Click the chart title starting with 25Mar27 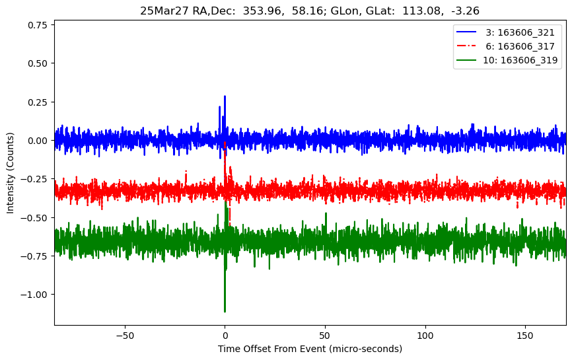coord(310,11)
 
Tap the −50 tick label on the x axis coord(124,334)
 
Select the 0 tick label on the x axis coord(225,334)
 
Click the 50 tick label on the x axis coord(325,334)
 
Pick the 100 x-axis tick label coord(425,334)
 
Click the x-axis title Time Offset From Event coord(310,349)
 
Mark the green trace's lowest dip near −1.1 coord(225,311)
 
